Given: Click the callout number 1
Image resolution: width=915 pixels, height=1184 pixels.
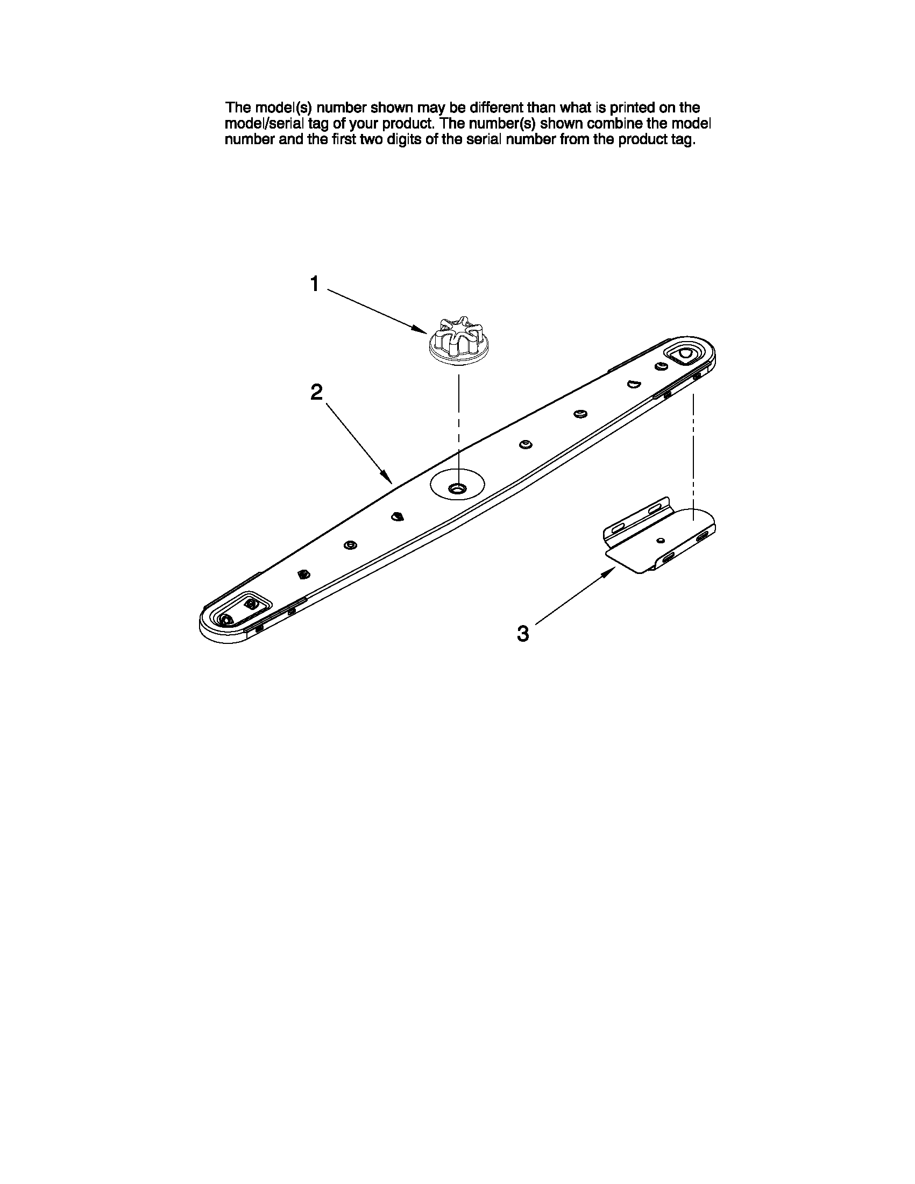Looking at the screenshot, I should coord(314,283).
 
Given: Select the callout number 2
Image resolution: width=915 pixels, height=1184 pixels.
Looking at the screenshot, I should coord(316,392).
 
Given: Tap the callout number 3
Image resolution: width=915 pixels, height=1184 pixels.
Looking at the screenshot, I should coord(522,633).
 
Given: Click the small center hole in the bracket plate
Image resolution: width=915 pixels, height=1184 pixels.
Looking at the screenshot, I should coord(659,541).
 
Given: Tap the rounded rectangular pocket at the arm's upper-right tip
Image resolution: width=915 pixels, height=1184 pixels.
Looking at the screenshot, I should coord(685,354).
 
